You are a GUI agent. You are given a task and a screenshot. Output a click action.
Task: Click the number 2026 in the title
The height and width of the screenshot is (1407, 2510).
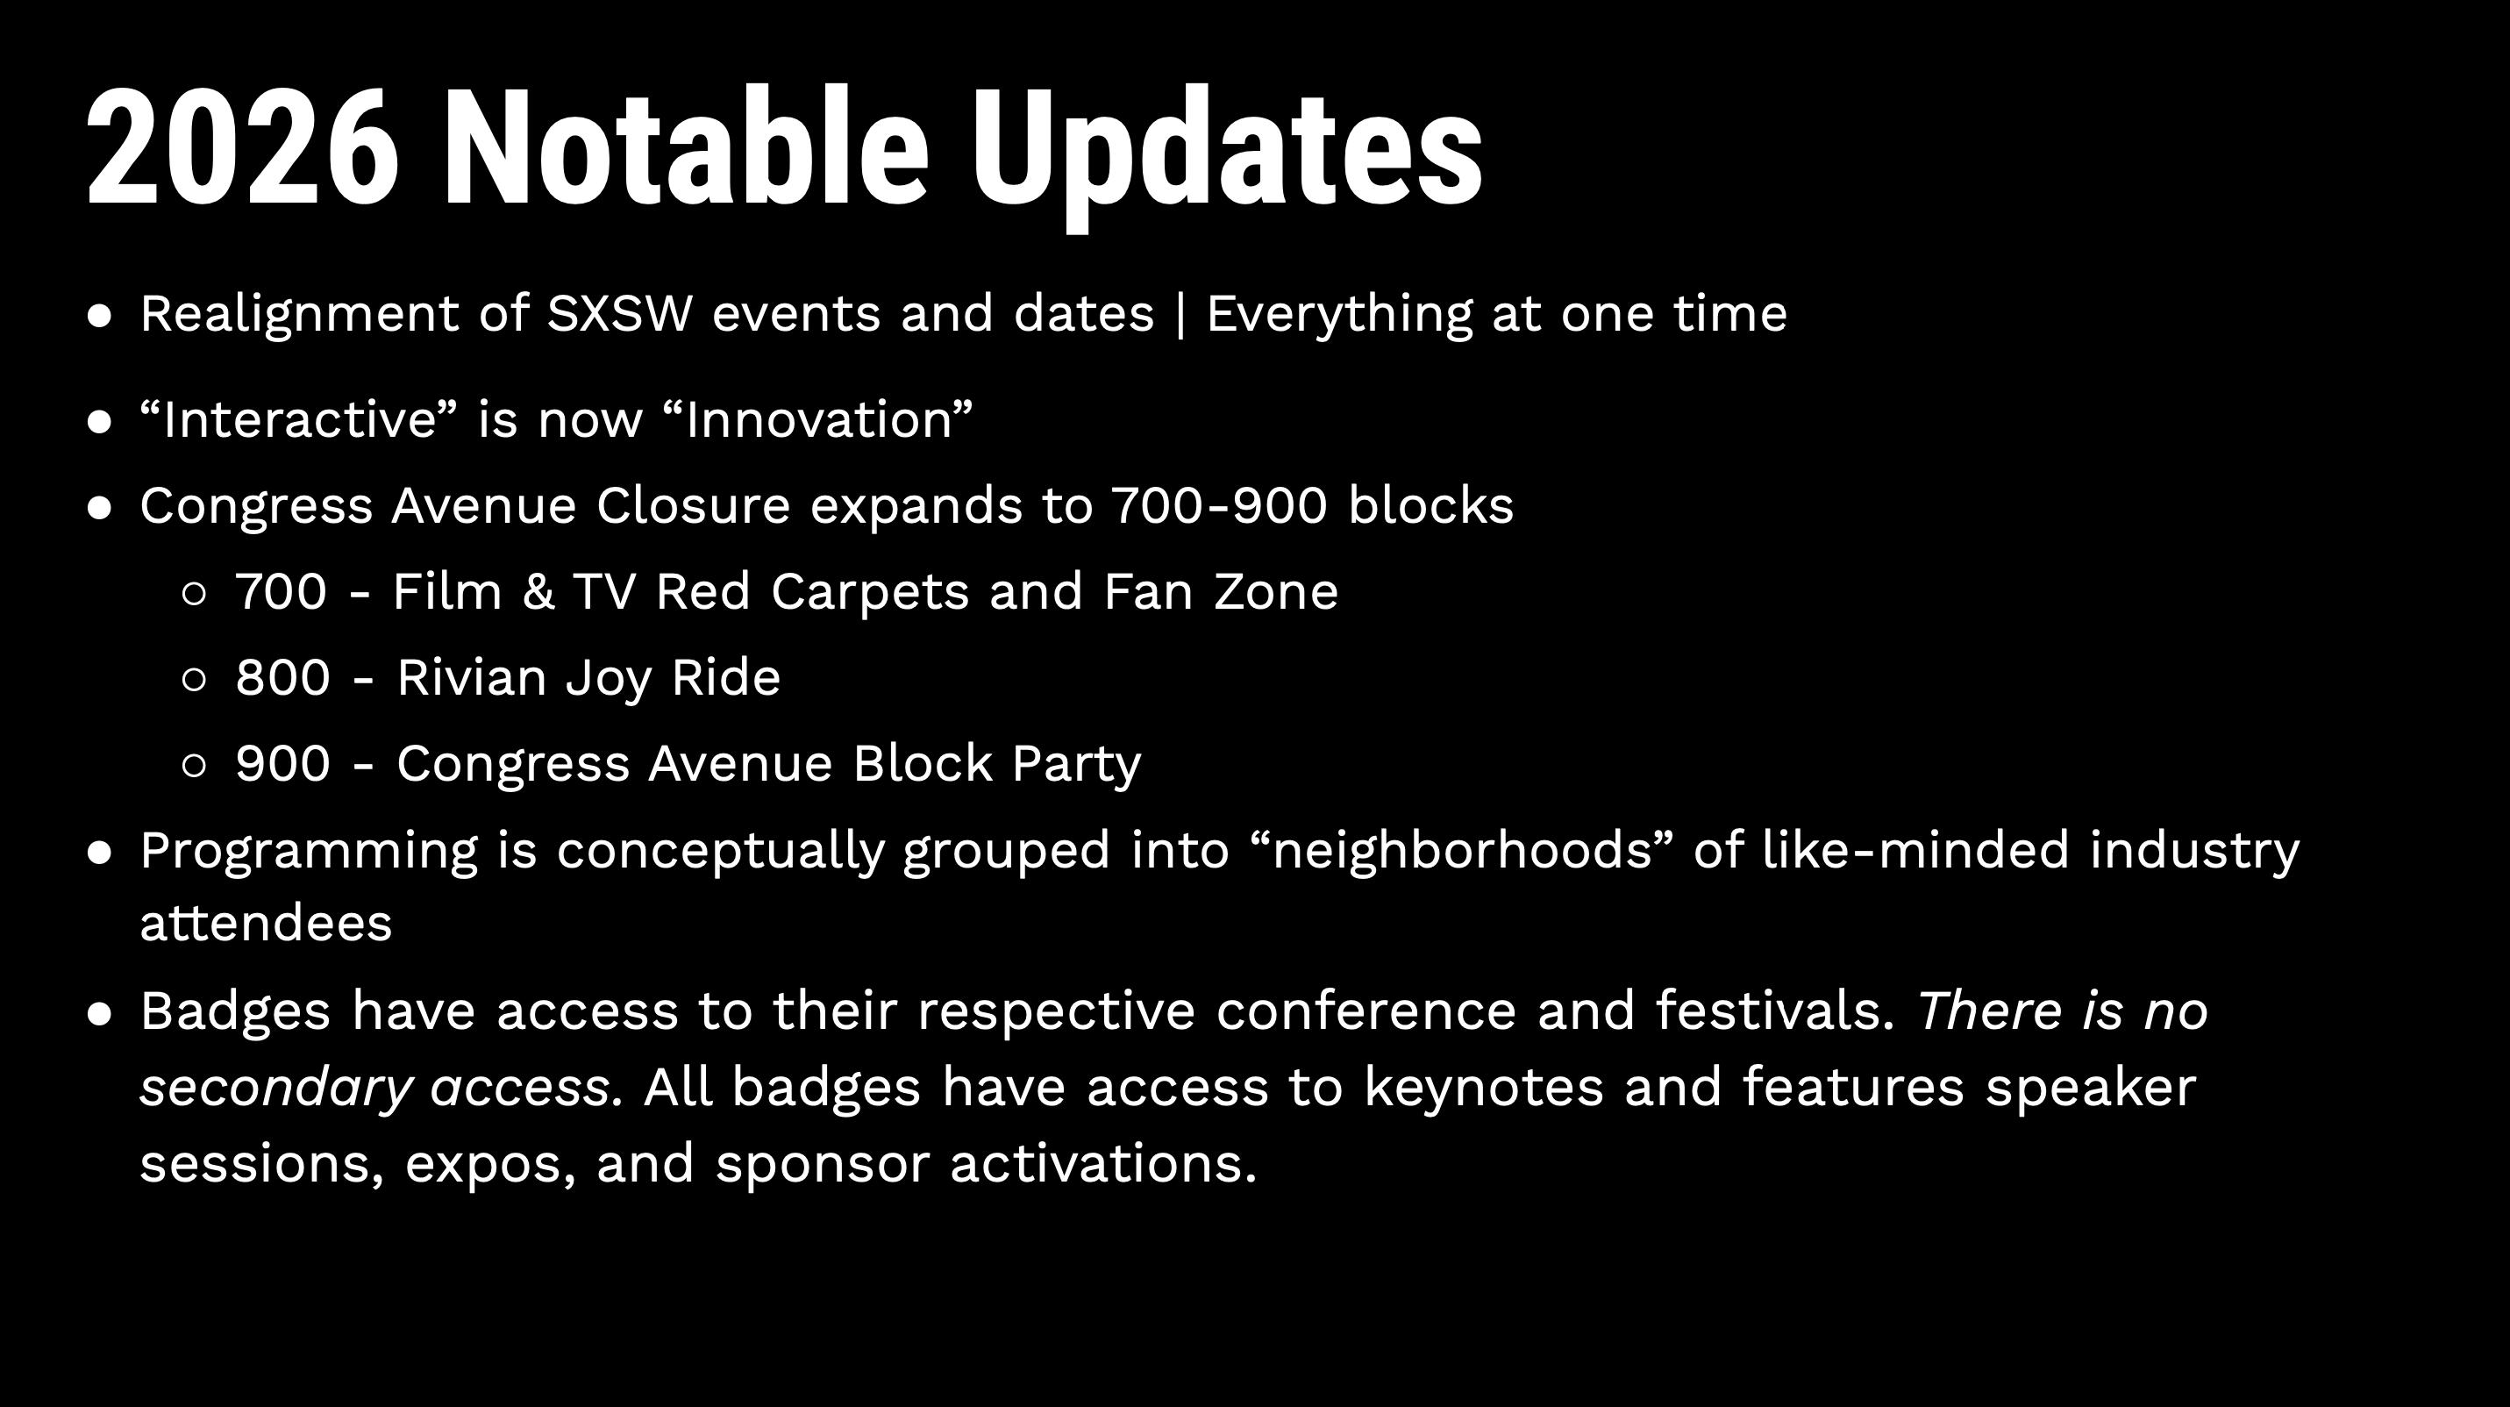tap(243, 147)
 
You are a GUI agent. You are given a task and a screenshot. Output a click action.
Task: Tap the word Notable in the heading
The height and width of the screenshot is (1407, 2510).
tap(686, 146)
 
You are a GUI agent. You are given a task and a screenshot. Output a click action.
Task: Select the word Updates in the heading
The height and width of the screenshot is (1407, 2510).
tap(1227, 156)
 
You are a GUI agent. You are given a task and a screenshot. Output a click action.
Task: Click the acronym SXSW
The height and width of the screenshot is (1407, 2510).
tap(620, 314)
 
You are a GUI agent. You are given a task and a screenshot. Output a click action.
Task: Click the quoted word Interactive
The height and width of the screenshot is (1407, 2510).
tap(299, 420)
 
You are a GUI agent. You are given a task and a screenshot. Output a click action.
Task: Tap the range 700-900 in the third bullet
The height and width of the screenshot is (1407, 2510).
tap(1219, 506)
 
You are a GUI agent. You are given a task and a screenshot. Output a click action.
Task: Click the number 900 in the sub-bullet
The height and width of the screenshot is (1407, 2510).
tap(282, 763)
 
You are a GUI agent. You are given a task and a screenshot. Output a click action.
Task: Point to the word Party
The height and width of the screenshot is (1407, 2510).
tap(1077, 765)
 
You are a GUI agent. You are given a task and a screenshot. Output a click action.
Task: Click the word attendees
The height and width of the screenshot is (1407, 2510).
tap(266, 923)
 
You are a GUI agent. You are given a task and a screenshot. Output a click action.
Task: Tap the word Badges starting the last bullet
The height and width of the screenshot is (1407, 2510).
tap(236, 1011)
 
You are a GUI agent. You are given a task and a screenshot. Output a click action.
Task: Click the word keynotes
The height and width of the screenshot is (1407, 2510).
tap(1483, 1089)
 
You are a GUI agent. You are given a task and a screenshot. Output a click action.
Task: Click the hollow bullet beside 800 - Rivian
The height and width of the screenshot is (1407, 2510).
tap(194, 679)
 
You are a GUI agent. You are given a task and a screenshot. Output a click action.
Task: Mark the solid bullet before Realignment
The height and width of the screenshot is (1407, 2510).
tap(99, 316)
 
